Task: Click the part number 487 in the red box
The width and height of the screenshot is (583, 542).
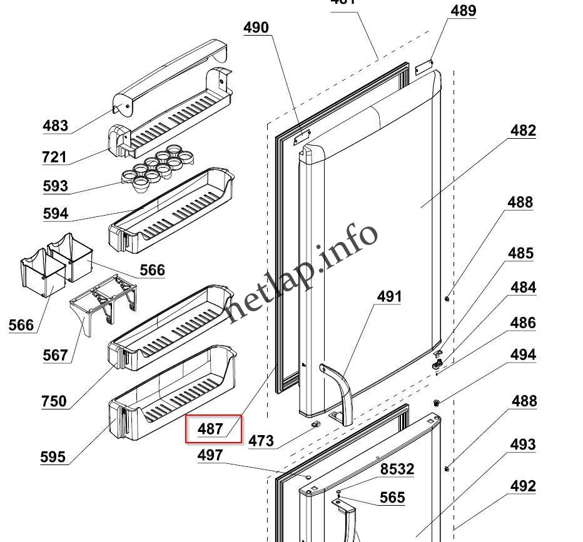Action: [210, 429]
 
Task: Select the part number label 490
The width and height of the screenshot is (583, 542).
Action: [256, 28]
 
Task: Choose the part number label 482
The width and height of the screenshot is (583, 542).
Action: [523, 131]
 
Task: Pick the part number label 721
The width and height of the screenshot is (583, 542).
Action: [54, 157]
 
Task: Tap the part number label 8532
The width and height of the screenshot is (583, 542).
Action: [397, 469]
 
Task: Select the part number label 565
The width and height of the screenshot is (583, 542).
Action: [392, 498]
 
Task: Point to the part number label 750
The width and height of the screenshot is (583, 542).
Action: [54, 401]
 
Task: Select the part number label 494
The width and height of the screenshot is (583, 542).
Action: [523, 355]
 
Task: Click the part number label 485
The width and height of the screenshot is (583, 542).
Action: [520, 253]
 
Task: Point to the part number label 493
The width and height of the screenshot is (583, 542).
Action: [523, 444]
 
